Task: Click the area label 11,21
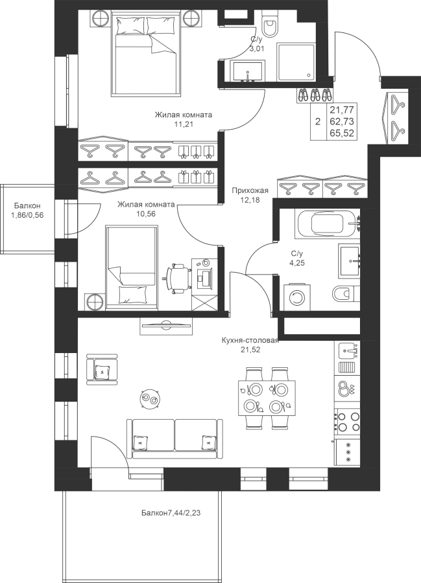(x=183, y=124)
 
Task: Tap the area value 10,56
(x=146, y=213)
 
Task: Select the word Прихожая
(x=250, y=191)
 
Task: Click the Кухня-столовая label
(x=250, y=341)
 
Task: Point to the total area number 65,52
(x=342, y=133)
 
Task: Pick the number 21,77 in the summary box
(x=342, y=109)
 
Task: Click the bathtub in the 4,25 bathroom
(x=328, y=223)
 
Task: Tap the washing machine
(x=298, y=297)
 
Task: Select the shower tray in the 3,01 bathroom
(x=296, y=62)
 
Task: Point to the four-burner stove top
(x=348, y=421)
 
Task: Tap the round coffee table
(x=150, y=398)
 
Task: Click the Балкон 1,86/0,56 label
(x=27, y=210)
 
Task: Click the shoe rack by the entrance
(x=315, y=95)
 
